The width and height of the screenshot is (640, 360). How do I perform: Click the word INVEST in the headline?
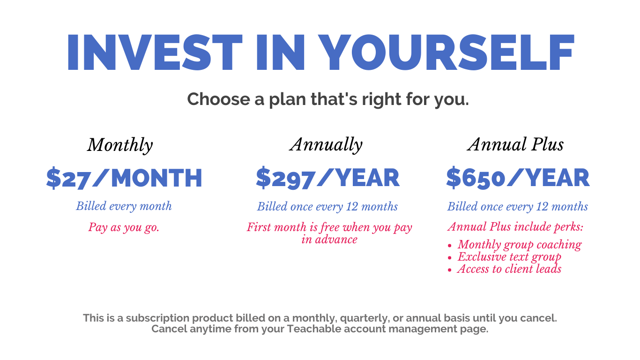tap(155, 52)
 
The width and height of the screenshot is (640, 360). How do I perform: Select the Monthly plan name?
tap(120, 145)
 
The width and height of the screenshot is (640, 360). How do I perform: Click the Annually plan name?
tap(326, 145)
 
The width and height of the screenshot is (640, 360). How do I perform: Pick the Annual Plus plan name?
tap(516, 144)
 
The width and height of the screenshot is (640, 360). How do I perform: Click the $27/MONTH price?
tap(124, 178)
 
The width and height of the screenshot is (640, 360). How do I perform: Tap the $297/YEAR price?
tap(327, 178)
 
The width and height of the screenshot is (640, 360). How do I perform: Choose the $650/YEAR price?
tap(518, 178)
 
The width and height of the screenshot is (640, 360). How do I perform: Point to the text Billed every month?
tap(124, 206)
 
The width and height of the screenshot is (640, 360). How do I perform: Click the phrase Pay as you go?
tap(124, 228)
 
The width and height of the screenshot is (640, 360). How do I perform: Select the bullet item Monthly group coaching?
tap(520, 245)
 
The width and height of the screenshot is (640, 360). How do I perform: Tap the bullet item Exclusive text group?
tap(509, 257)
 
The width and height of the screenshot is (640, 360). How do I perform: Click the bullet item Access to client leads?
tap(509, 269)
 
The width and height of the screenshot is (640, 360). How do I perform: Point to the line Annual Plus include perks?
tap(515, 227)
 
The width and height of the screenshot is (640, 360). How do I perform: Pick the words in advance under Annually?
tap(329, 240)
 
